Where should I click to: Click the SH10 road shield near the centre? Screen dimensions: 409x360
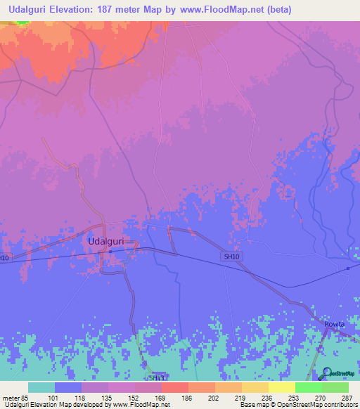pos(231,257)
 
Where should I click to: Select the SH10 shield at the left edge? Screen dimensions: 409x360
pos(4,259)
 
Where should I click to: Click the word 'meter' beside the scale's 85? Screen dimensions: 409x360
pos(12,398)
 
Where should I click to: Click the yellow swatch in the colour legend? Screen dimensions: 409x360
pos(281,387)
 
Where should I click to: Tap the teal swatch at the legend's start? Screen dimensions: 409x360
pos(41,387)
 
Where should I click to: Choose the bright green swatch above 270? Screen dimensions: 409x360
pos(308,387)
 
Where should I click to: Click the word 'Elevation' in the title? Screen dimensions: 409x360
pos(81,9)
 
